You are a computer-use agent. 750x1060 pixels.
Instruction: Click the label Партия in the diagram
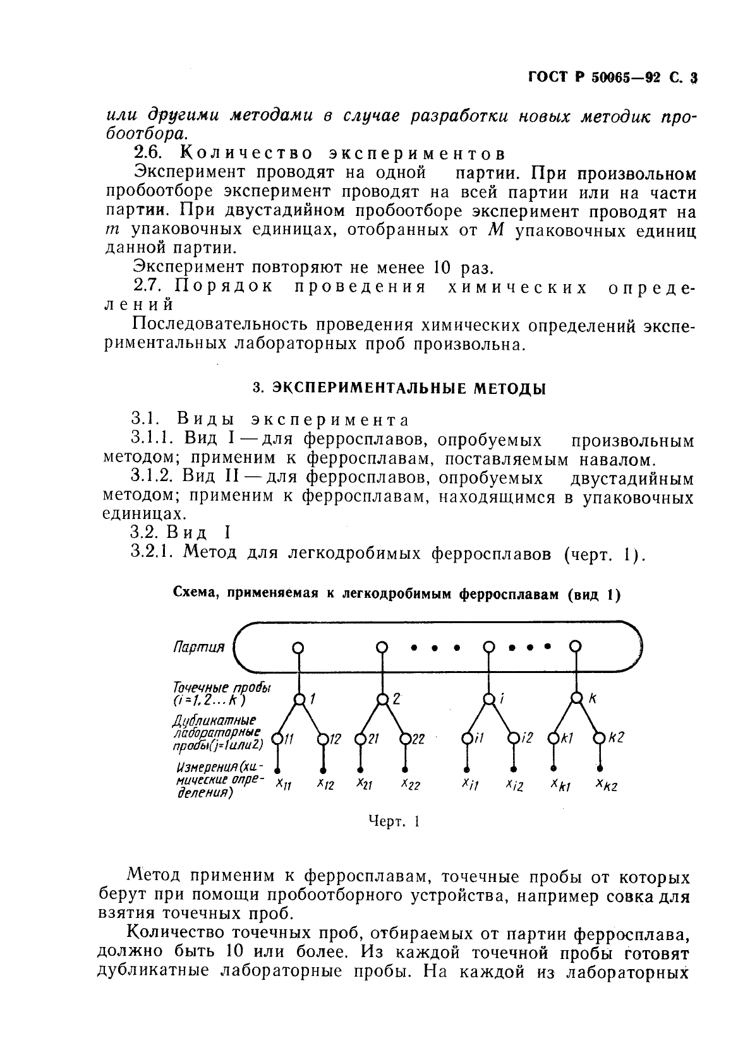[x=199, y=647]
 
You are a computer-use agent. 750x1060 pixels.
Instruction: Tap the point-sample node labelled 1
[x=299, y=699]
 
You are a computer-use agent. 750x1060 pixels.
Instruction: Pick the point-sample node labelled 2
[x=382, y=699]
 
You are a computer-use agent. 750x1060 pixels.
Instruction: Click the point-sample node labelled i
[x=488, y=699]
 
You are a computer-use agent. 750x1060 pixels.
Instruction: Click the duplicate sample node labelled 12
[x=323, y=738]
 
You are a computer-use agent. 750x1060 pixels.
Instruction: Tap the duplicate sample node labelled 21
[x=360, y=738]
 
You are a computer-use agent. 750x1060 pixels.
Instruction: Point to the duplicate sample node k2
[x=598, y=738]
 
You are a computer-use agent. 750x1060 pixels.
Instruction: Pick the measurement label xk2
[x=605, y=785]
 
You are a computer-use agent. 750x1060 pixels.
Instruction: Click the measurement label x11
[x=284, y=784]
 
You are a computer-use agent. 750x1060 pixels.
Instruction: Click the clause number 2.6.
[x=150, y=153]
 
